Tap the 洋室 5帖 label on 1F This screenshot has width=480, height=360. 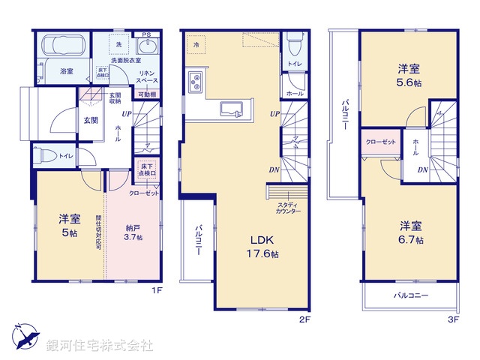[69, 226]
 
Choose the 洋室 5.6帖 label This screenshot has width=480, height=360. [409, 76]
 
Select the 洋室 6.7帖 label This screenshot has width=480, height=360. [409, 232]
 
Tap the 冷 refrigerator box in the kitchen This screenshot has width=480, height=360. [195, 44]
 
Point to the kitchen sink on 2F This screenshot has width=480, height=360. [232, 109]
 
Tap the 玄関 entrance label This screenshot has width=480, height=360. [90, 120]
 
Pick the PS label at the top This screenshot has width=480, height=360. [147, 34]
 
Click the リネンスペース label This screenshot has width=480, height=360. [146, 76]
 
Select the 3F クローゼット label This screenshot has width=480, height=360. [380, 142]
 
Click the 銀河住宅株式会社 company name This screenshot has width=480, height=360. [100, 346]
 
